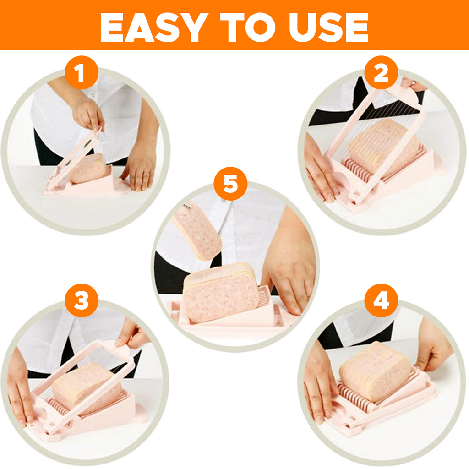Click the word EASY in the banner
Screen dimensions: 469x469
(x=154, y=27)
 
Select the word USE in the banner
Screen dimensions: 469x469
(x=328, y=27)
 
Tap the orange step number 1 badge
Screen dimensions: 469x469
(x=82, y=72)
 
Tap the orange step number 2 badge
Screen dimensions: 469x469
(x=381, y=72)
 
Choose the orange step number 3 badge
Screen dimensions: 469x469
(x=82, y=300)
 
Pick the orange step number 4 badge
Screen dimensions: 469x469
(x=381, y=300)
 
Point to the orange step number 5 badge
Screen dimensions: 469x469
(x=231, y=183)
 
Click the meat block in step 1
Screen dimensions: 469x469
(x=88, y=169)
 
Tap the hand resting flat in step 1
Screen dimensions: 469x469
(x=140, y=168)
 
